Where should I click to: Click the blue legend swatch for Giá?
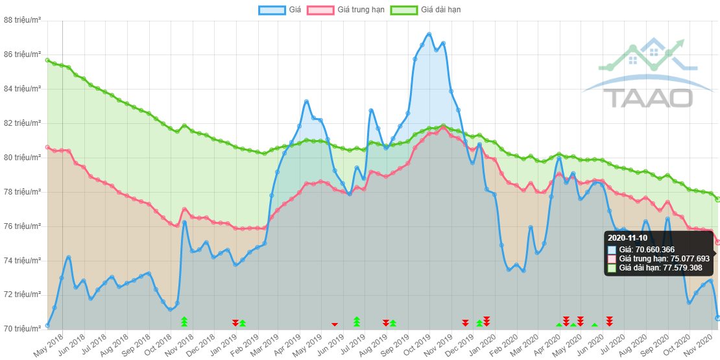pyautogui.click(x=272, y=10)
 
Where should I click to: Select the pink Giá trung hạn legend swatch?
pyautogui.click(x=320, y=10)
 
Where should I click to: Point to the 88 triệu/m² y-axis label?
pyautogui.click(x=23, y=20)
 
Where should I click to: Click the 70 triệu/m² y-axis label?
pyautogui.click(x=23, y=328)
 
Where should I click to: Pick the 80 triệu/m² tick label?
pyautogui.click(x=23, y=157)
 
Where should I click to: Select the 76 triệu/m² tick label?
pyautogui.click(x=23, y=226)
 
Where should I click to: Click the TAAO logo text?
pyautogui.click(x=649, y=97)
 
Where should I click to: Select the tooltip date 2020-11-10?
pyautogui.click(x=627, y=238)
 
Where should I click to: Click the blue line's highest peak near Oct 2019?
pyautogui.click(x=429, y=32)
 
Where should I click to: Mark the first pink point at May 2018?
pyautogui.click(x=47, y=147)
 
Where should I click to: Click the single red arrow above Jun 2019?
pyautogui.click(x=335, y=324)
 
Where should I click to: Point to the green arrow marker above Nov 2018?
pyautogui.click(x=184, y=321)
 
